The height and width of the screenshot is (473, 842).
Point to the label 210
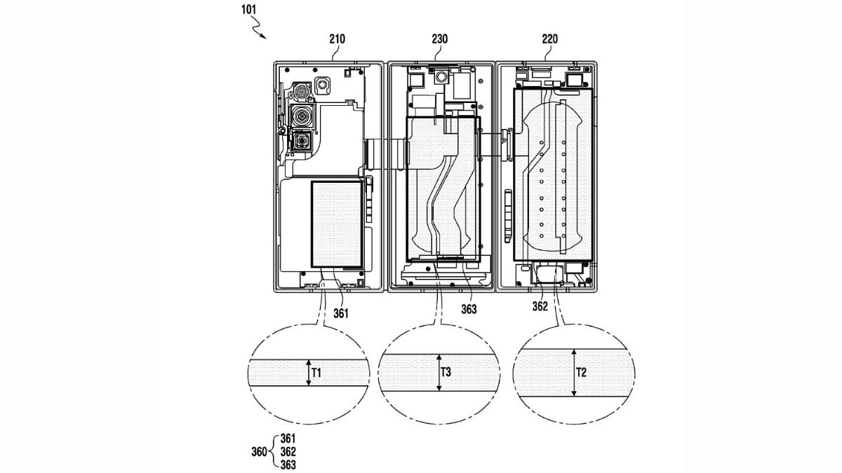coord(337,39)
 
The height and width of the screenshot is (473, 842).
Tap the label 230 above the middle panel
coord(439,39)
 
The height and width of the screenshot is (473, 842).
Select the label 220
coord(549,39)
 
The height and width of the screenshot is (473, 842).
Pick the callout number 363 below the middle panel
coord(469,308)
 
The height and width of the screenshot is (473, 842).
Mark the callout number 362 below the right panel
coord(540,306)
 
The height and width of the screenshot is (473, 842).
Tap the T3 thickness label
coord(445,372)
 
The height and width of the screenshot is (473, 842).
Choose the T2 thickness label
coord(581,372)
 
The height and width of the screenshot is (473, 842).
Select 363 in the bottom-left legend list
coord(288,464)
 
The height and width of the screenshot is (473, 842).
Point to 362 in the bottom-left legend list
coord(288,451)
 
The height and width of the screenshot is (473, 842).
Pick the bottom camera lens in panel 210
coord(302,141)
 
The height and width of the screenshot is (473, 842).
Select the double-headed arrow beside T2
coord(573,373)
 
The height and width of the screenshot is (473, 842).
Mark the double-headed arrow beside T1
coord(308,373)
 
